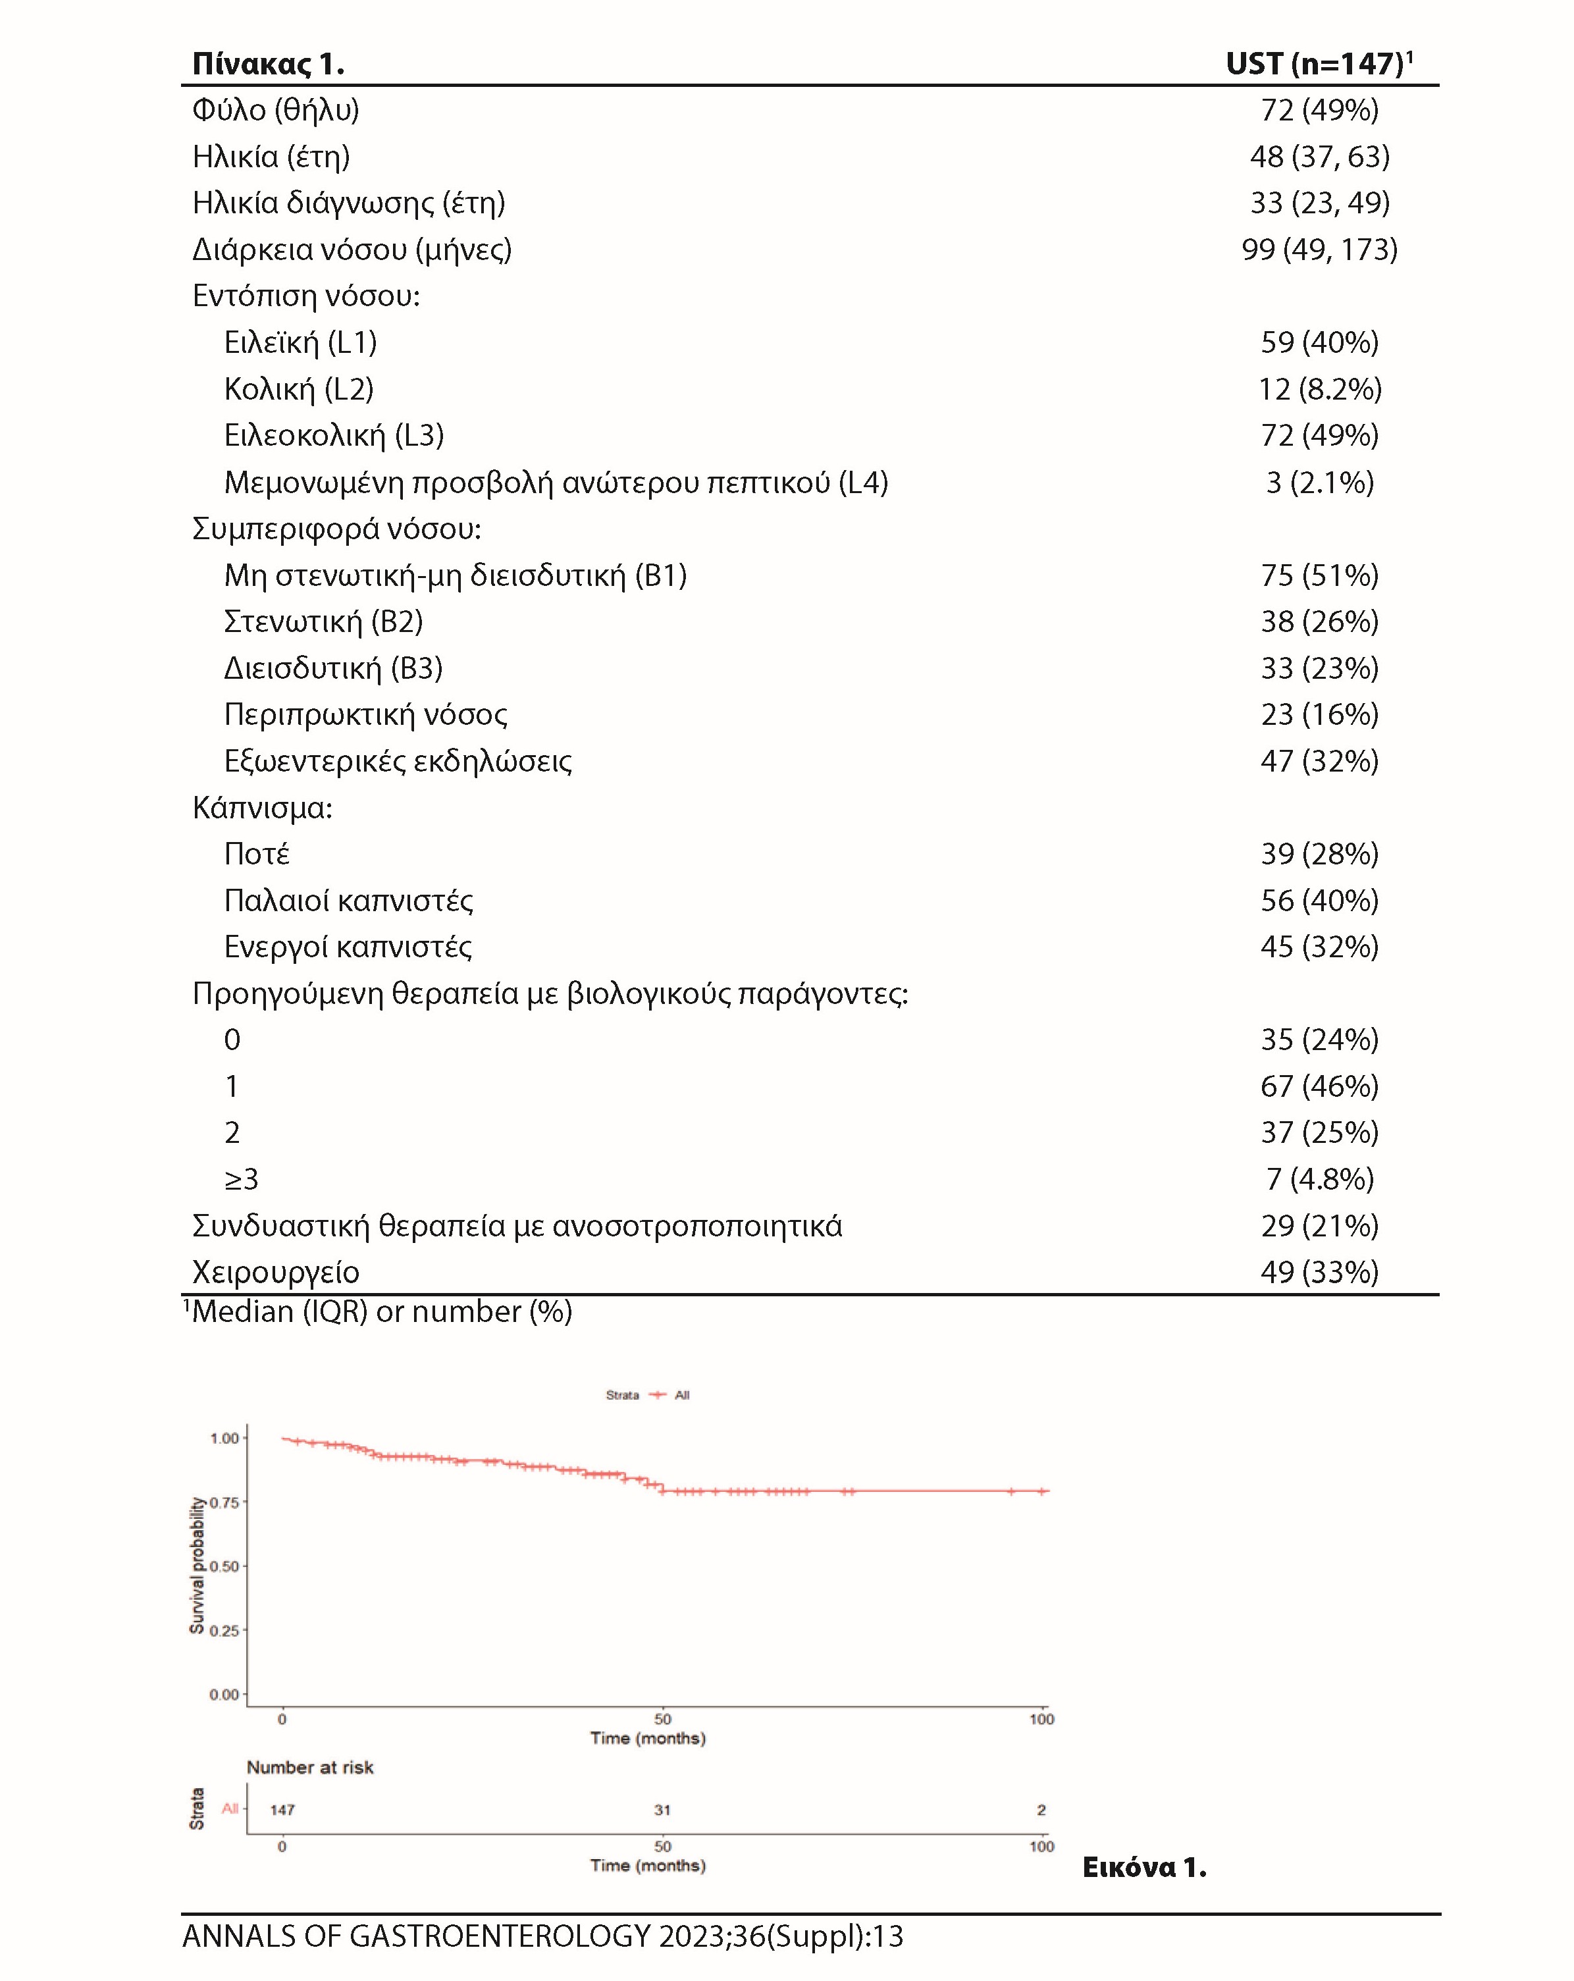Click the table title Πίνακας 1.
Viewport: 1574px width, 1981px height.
[x=267, y=65]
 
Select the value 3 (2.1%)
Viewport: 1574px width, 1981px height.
[x=1319, y=483]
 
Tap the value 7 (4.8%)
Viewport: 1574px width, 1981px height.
[x=1319, y=1179]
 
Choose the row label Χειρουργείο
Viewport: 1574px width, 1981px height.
[x=276, y=1273]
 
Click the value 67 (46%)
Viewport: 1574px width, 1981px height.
[x=1319, y=1086]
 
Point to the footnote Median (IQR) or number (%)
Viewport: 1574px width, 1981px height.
[x=381, y=1311]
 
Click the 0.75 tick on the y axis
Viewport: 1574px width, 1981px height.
[x=224, y=1502]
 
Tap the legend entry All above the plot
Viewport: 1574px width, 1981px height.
[x=681, y=1395]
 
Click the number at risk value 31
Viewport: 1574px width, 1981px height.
[x=662, y=1809]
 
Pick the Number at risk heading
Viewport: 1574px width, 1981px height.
[x=309, y=1767]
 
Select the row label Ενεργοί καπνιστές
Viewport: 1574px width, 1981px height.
[x=348, y=947]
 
